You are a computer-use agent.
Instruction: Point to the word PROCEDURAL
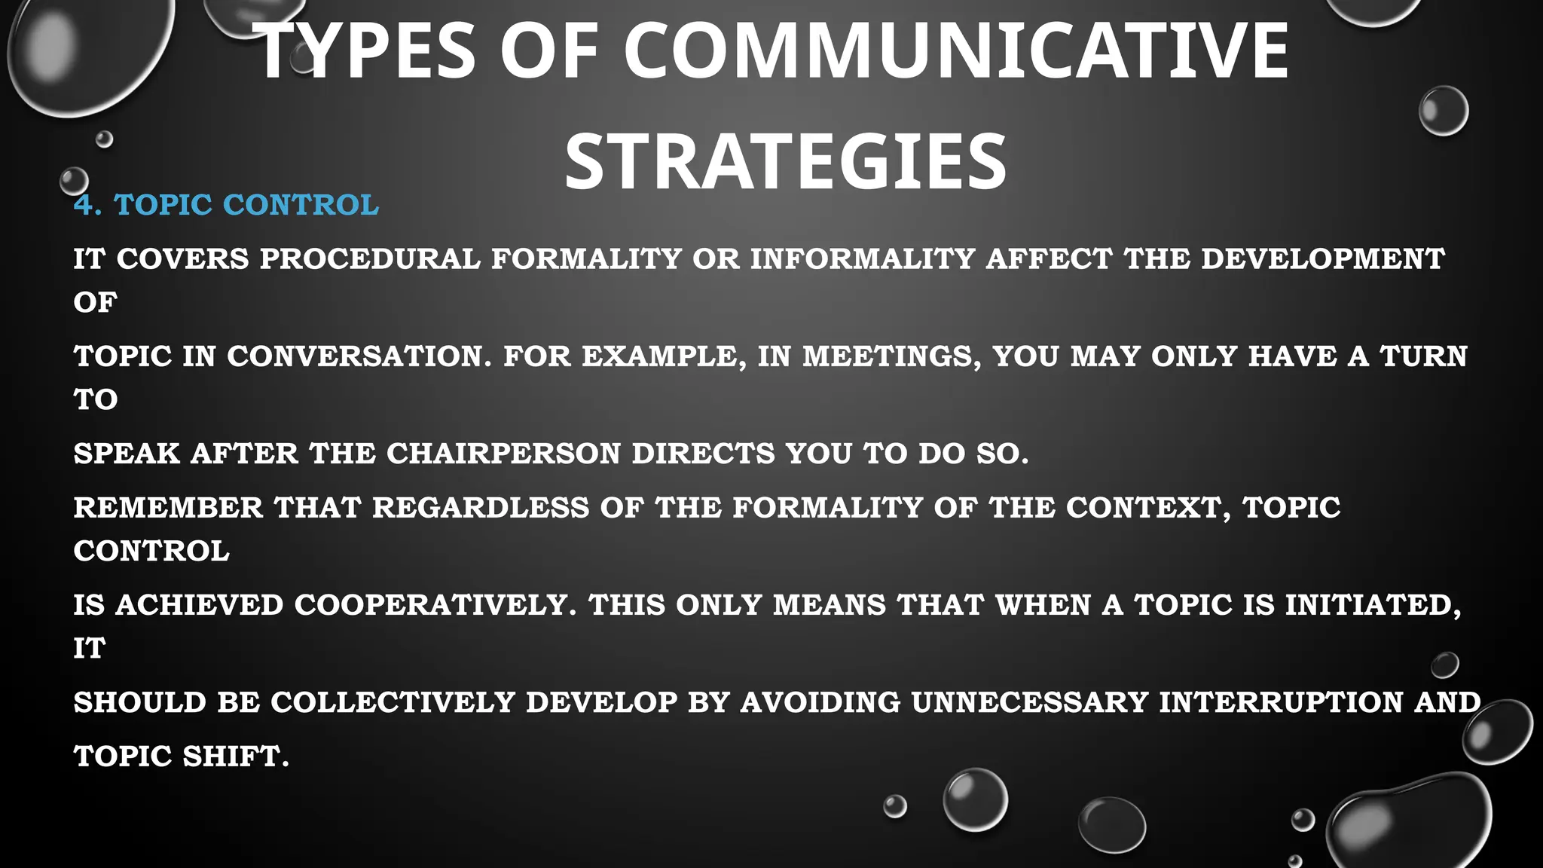(x=370, y=259)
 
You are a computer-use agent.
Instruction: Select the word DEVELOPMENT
(x=1322, y=259)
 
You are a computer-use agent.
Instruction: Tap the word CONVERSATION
(x=359, y=356)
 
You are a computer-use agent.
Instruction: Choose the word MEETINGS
(x=891, y=356)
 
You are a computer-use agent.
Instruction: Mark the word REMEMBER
(x=168, y=508)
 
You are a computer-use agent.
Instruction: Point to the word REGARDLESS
(x=481, y=508)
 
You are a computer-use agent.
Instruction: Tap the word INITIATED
(x=1373, y=605)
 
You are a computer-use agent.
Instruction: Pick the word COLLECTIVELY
(x=393, y=702)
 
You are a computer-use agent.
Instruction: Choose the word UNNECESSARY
(x=1029, y=702)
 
